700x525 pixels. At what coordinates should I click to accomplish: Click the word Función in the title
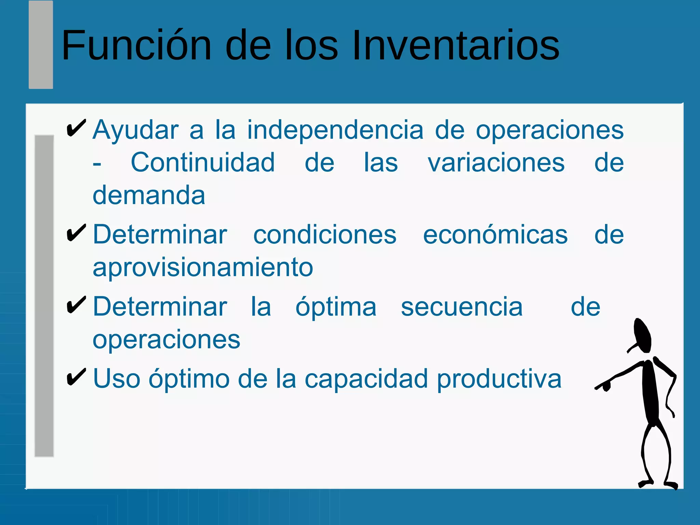pyautogui.click(x=137, y=45)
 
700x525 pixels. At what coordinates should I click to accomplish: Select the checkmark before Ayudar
pyautogui.click(x=76, y=129)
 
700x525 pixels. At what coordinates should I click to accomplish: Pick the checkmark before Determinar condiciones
pyautogui.click(x=76, y=233)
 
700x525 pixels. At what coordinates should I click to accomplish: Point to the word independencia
pyautogui.click(x=335, y=130)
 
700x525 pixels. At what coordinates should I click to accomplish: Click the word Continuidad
pyautogui.click(x=203, y=163)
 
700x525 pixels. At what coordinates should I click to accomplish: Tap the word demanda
pyautogui.click(x=149, y=195)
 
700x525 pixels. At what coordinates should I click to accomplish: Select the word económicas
pyautogui.click(x=495, y=235)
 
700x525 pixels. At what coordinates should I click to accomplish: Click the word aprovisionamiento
pyautogui.click(x=203, y=267)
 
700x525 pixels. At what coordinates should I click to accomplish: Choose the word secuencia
pyautogui.click(x=461, y=307)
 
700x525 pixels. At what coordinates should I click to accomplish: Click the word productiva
pyautogui.click(x=499, y=379)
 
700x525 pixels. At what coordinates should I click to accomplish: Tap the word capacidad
pyautogui.click(x=366, y=379)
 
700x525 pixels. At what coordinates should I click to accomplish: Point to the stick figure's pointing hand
pyautogui.click(x=604, y=386)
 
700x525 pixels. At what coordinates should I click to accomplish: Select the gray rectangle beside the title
pyautogui.click(x=41, y=45)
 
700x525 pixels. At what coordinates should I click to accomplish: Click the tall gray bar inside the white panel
pyautogui.click(x=44, y=296)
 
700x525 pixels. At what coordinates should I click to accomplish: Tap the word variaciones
pyautogui.click(x=496, y=163)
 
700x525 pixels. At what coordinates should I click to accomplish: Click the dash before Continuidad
pyautogui.click(x=97, y=164)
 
